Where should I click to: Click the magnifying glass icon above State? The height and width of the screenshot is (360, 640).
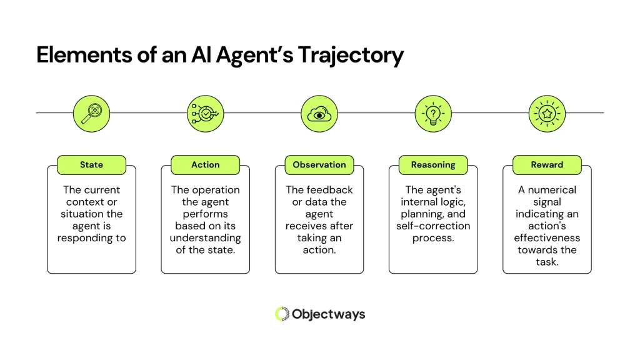pos(91,113)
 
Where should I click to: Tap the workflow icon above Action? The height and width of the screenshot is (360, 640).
pos(205,113)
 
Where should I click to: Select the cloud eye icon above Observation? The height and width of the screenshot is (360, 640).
pos(319,113)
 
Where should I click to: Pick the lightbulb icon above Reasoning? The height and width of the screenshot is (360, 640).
pos(433,113)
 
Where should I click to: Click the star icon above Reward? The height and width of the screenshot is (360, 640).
pos(547,113)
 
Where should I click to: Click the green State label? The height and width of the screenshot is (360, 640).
pos(91,165)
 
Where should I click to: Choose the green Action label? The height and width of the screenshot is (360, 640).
pos(205,165)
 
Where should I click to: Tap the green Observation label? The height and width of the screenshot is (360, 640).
pos(319,165)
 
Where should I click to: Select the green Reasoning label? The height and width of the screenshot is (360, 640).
pos(433,165)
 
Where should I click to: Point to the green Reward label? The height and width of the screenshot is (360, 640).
pos(547,165)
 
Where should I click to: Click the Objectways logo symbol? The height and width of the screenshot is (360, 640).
pos(282,314)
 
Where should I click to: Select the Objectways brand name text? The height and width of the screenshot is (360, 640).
pos(329,314)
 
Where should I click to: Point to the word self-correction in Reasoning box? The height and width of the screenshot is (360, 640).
pos(433,226)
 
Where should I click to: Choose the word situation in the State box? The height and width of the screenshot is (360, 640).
pos(81,214)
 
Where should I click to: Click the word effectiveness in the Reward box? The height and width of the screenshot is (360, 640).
pos(547,237)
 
